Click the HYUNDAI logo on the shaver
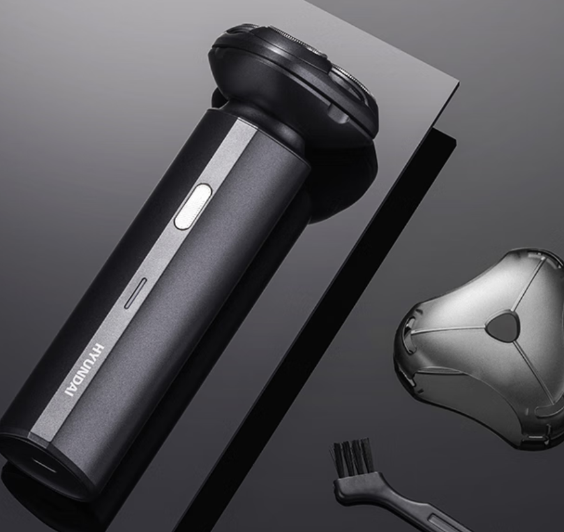tap(85, 370)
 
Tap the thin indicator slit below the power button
tap(136, 293)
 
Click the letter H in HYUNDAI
tap(100, 348)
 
